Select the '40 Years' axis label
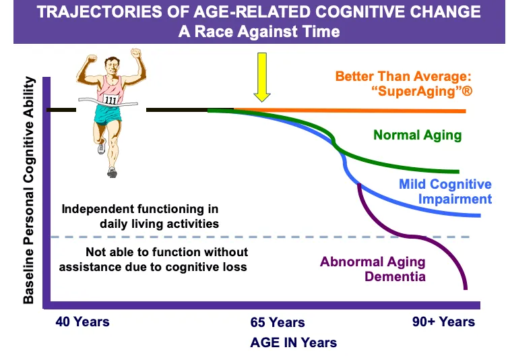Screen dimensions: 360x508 (x=82, y=321)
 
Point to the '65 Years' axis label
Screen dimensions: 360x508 (x=278, y=323)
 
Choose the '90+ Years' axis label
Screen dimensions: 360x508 (x=443, y=321)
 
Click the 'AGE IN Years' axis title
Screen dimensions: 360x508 (x=293, y=342)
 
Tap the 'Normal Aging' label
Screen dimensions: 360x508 (x=418, y=135)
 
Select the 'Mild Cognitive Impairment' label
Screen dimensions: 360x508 (x=445, y=191)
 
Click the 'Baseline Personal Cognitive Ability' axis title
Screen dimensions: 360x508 (x=29, y=191)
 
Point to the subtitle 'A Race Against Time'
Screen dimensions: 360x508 (x=259, y=32)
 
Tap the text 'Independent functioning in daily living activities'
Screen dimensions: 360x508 (x=140, y=216)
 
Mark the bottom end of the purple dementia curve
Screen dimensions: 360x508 (x=466, y=289)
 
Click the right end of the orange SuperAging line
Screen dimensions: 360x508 (x=465, y=111)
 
